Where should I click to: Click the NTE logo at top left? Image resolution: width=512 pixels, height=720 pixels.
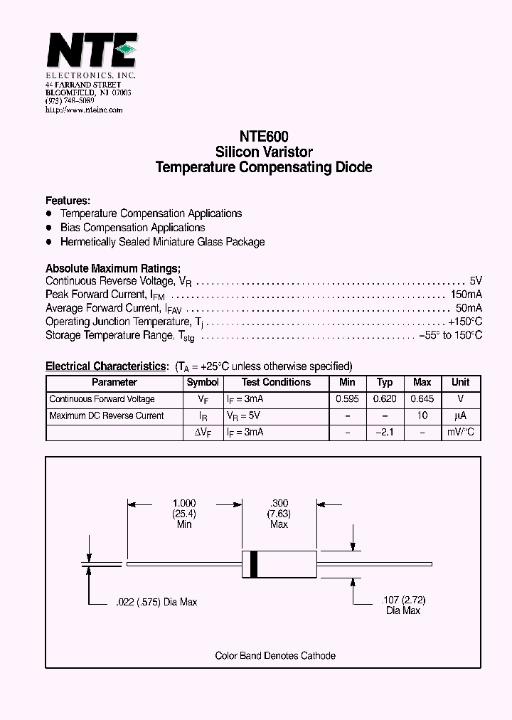pyautogui.click(x=90, y=52)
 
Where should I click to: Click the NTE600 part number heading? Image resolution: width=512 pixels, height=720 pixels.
pyautogui.click(x=264, y=136)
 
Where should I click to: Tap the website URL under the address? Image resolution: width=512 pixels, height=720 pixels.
pyautogui.click(x=84, y=110)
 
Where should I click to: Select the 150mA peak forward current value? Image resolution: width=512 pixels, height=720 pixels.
pyautogui.click(x=466, y=295)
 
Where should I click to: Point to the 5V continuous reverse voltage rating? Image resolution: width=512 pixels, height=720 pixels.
pyautogui.click(x=476, y=281)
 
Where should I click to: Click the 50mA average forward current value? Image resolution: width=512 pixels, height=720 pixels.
pyautogui.click(x=469, y=308)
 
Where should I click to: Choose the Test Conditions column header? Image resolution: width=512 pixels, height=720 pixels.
pyautogui.click(x=276, y=383)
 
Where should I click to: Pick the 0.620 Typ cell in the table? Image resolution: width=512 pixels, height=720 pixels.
pyautogui.click(x=385, y=399)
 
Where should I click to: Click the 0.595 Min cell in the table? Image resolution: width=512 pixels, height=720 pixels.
pyautogui.click(x=347, y=399)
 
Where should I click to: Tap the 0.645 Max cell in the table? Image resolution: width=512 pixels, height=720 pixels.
pyautogui.click(x=422, y=399)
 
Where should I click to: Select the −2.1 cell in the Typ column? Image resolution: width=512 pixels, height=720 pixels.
pyautogui.click(x=385, y=433)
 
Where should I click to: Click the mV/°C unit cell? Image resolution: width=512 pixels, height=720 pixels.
pyautogui.click(x=461, y=433)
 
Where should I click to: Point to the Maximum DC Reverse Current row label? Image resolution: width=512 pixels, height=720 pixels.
pyautogui.click(x=107, y=416)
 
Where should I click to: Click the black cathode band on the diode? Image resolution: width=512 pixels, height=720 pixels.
pyautogui.click(x=252, y=564)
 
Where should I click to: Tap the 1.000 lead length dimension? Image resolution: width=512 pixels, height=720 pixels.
pyautogui.click(x=184, y=503)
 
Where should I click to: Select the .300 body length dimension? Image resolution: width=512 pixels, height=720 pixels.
pyautogui.click(x=279, y=503)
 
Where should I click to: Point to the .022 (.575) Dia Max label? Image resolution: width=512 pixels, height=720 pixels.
pyautogui.click(x=156, y=602)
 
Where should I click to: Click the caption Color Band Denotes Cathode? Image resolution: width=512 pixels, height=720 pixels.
pyautogui.click(x=275, y=656)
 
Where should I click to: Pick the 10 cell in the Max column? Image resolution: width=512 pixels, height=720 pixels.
pyautogui.click(x=422, y=416)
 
